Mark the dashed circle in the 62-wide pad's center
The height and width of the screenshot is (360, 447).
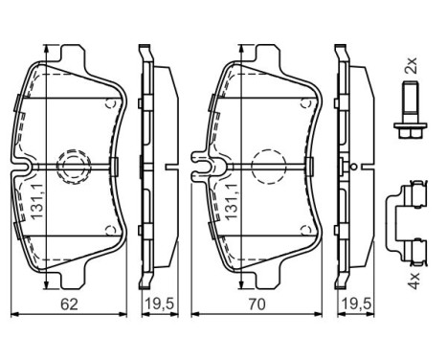(x=73, y=167)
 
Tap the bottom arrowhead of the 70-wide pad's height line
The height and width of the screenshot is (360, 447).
(x=239, y=286)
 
